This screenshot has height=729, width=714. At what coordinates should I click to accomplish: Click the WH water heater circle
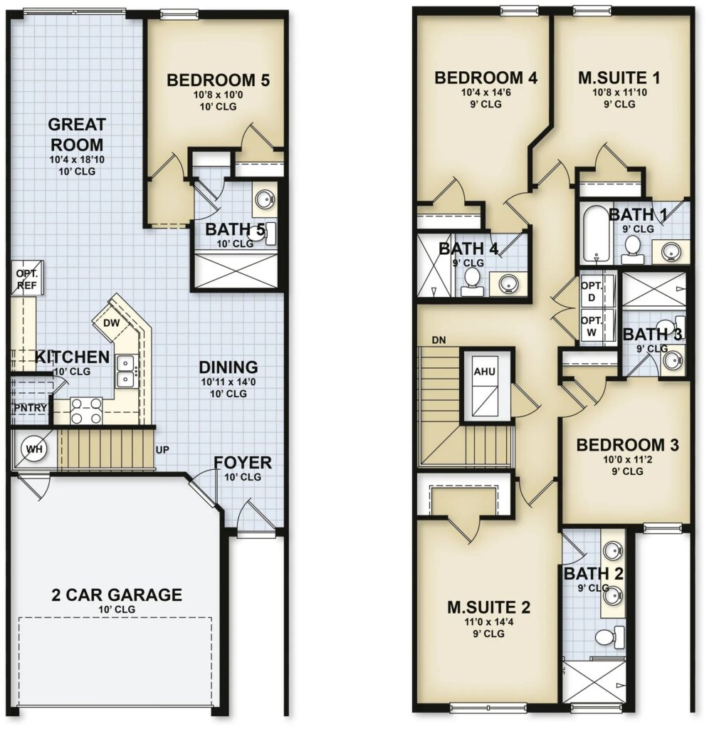pyautogui.click(x=34, y=449)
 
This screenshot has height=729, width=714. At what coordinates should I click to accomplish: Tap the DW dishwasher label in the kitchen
pyautogui.click(x=111, y=323)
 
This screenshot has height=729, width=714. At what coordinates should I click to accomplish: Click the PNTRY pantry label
pyautogui.click(x=30, y=408)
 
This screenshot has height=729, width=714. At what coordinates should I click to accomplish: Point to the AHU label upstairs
pyautogui.click(x=484, y=372)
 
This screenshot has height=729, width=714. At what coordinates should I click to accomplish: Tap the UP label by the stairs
pyautogui.click(x=163, y=450)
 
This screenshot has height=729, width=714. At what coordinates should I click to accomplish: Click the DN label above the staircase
pyautogui.click(x=439, y=340)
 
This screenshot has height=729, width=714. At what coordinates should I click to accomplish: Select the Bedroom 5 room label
pyautogui.click(x=218, y=80)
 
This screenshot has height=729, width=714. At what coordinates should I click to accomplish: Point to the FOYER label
pyautogui.click(x=243, y=463)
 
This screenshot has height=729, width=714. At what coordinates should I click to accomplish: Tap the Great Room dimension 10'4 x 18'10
pyautogui.click(x=78, y=160)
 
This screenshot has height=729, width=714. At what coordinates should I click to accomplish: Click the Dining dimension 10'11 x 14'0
pyautogui.click(x=229, y=382)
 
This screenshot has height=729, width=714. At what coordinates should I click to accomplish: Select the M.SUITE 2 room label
pyautogui.click(x=488, y=607)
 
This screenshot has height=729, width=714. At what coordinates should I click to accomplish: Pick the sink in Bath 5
pyautogui.click(x=264, y=200)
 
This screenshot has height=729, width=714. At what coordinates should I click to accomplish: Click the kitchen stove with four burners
pyautogui.click(x=86, y=411)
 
